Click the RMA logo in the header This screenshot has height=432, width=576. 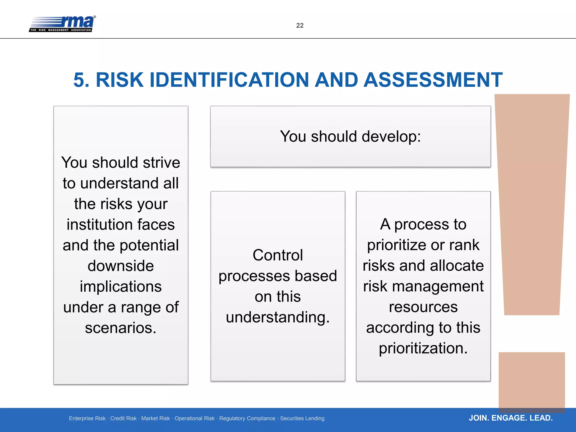pyautogui.click(x=62, y=24)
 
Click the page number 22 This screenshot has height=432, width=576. pyautogui.click(x=300, y=26)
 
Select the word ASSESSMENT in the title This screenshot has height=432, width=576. pyautogui.click(x=433, y=80)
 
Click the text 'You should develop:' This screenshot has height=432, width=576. pyautogui.click(x=350, y=136)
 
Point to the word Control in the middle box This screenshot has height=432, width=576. pyautogui.click(x=278, y=255)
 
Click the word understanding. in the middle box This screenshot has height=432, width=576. pyautogui.click(x=278, y=317)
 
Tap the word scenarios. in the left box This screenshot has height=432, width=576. pyautogui.click(x=121, y=328)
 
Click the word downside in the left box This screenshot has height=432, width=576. pyautogui.click(x=121, y=266)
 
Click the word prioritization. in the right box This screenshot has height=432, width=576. pyautogui.click(x=423, y=348)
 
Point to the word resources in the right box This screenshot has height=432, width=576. pyautogui.click(x=423, y=307)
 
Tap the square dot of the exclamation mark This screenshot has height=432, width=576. pyautogui.click(x=532, y=381)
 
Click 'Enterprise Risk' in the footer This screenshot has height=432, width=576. pyautogui.click(x=87, y=418)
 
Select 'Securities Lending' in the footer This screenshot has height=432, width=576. pyautogui.click(x=302, y=418)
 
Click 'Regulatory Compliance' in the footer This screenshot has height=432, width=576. pyautogui.click(x=247, y=418)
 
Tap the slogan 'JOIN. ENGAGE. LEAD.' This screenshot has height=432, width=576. pyautogui.click(x=510, y=418)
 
